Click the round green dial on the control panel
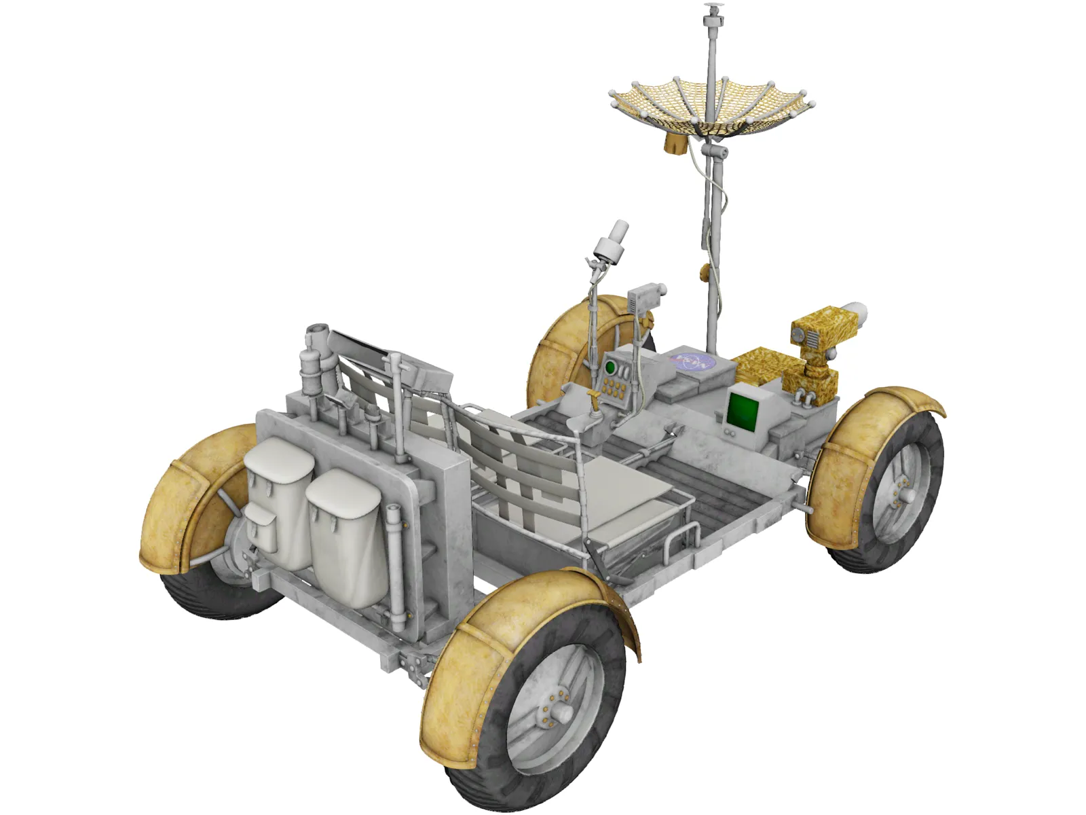tap(610, 368)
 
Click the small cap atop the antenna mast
tap(712, 10)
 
